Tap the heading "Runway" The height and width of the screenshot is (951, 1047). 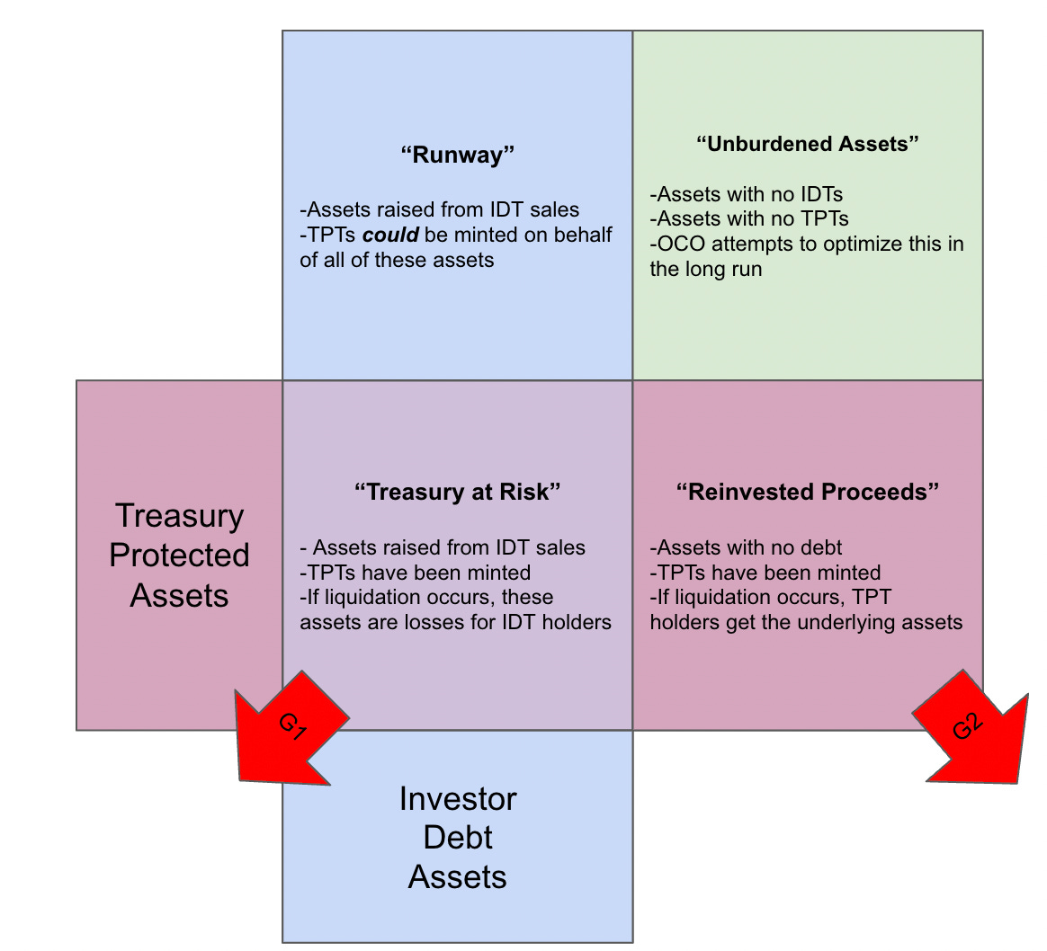point(457,155)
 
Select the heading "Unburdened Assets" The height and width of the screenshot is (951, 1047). point(808,144)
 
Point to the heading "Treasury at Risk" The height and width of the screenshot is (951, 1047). point(457,492)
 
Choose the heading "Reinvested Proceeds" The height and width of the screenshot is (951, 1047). point(808,492)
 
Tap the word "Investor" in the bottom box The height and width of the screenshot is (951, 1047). point(458,799)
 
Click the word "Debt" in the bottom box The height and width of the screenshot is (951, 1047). point(458,838)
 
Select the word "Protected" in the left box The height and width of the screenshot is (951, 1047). point(179,555)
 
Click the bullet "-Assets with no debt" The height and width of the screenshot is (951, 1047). point(746,547)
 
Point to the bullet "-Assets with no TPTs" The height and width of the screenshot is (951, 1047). point(749,218)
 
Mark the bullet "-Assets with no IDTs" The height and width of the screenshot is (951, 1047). point(746,193)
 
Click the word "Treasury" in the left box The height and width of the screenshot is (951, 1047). point(179,516)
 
